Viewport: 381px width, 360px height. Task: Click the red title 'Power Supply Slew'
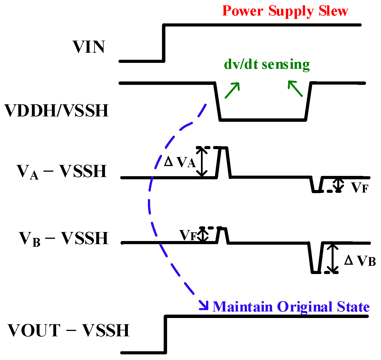pos(285,11)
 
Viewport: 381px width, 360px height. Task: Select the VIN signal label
pos(89,47)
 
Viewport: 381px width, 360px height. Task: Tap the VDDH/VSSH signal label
pos(57,110)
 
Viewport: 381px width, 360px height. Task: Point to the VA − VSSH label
pos(62,171)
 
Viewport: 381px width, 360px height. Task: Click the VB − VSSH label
pos(63,238)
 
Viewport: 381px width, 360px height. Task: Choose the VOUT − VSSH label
pos(68,330)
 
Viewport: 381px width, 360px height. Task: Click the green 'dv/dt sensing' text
pos(267,64)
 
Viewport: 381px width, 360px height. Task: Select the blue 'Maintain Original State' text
pos(291,307)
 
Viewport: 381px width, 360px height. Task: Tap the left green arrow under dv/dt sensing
pos(232,90)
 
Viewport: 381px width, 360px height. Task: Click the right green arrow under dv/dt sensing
pos(295,88)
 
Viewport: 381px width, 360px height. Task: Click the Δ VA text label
pos(180,162)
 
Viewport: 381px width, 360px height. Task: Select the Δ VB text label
pos(360,261)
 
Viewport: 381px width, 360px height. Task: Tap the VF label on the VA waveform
pos(360,187)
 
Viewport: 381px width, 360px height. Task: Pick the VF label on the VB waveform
pos(188,235)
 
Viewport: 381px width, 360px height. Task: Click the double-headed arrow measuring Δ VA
pos(202,162)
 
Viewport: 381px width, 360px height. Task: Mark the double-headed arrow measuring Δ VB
pos(334,258)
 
